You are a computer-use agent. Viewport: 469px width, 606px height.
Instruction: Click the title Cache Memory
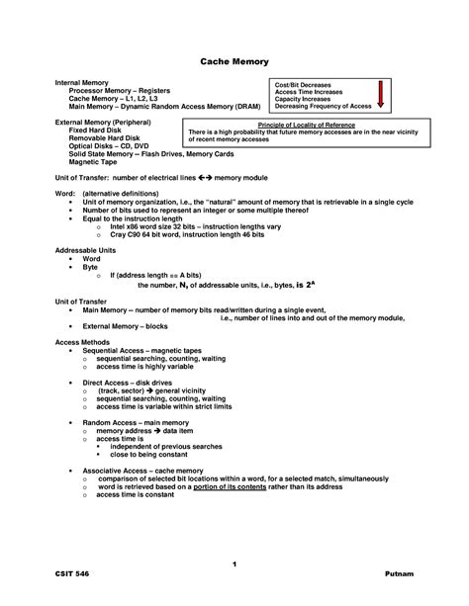click(x=234, y=61)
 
